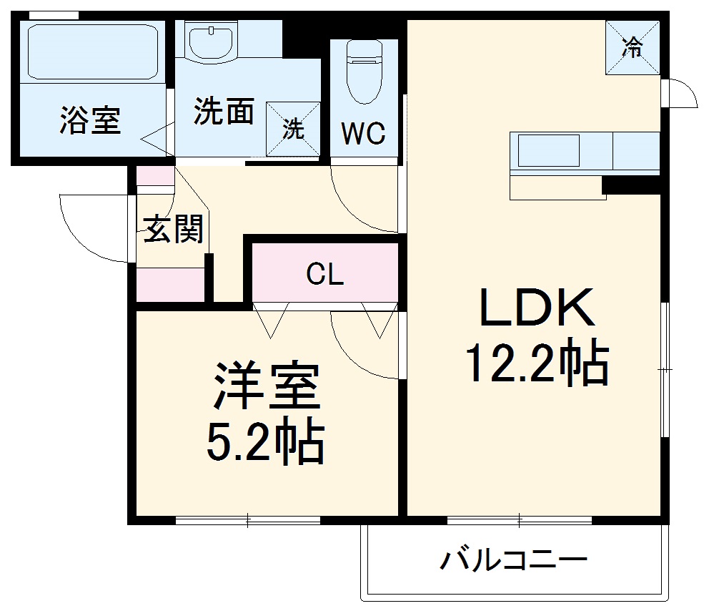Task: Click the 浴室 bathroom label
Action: coord(90,120)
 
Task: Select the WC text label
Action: coord(363,133)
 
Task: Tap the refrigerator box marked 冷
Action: coord(632,47)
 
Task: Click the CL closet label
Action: coord(325,274)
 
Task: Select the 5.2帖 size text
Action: coord(264,441)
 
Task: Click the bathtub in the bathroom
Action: coord(91,52)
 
